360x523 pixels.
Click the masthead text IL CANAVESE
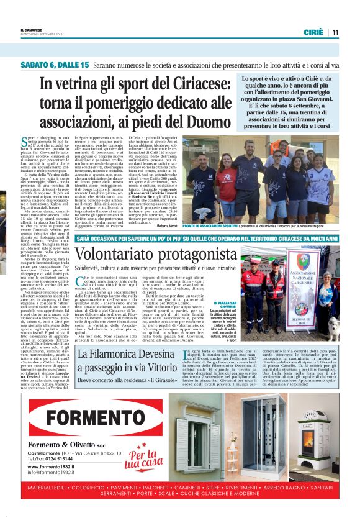(x=32, y=29)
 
